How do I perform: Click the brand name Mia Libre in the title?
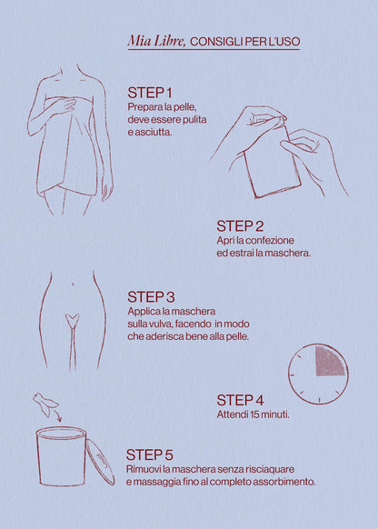(156, 41)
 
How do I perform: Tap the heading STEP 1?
(150, 93)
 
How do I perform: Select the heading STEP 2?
(240, 226)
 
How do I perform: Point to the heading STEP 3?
(151, 297)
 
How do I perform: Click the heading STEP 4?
(240, 401)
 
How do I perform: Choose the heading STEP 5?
(149, 454)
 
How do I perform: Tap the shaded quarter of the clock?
(328, 362)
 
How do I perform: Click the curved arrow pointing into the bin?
(57, 415)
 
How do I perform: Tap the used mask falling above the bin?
(45, 404)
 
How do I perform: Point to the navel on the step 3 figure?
(73, 284)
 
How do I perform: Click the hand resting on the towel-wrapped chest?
(61, 105)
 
